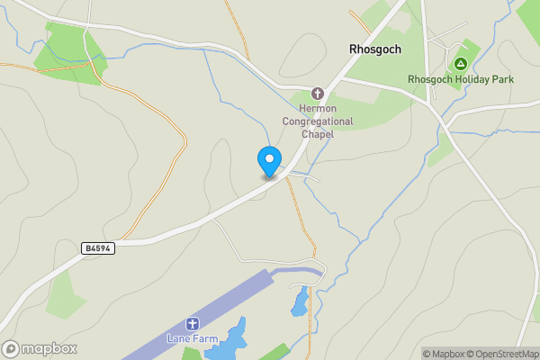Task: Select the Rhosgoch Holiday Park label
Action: pyautogui.click(x=460, y=79)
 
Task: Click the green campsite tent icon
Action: pyautogui.click(x=460, y=64)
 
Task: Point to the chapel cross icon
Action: pyautogui.click(x=317, y=93)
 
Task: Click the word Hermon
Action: pyautogui.click(x=309, y=108)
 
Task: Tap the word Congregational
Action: pyautogui.click(x=317, y=121)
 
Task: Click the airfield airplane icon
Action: pyautogui.click(x=191, y=324)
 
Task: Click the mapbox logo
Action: pyautogui.click(x=39, y=348)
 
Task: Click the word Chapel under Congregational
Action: pyautogui.click(x=317, y=133)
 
